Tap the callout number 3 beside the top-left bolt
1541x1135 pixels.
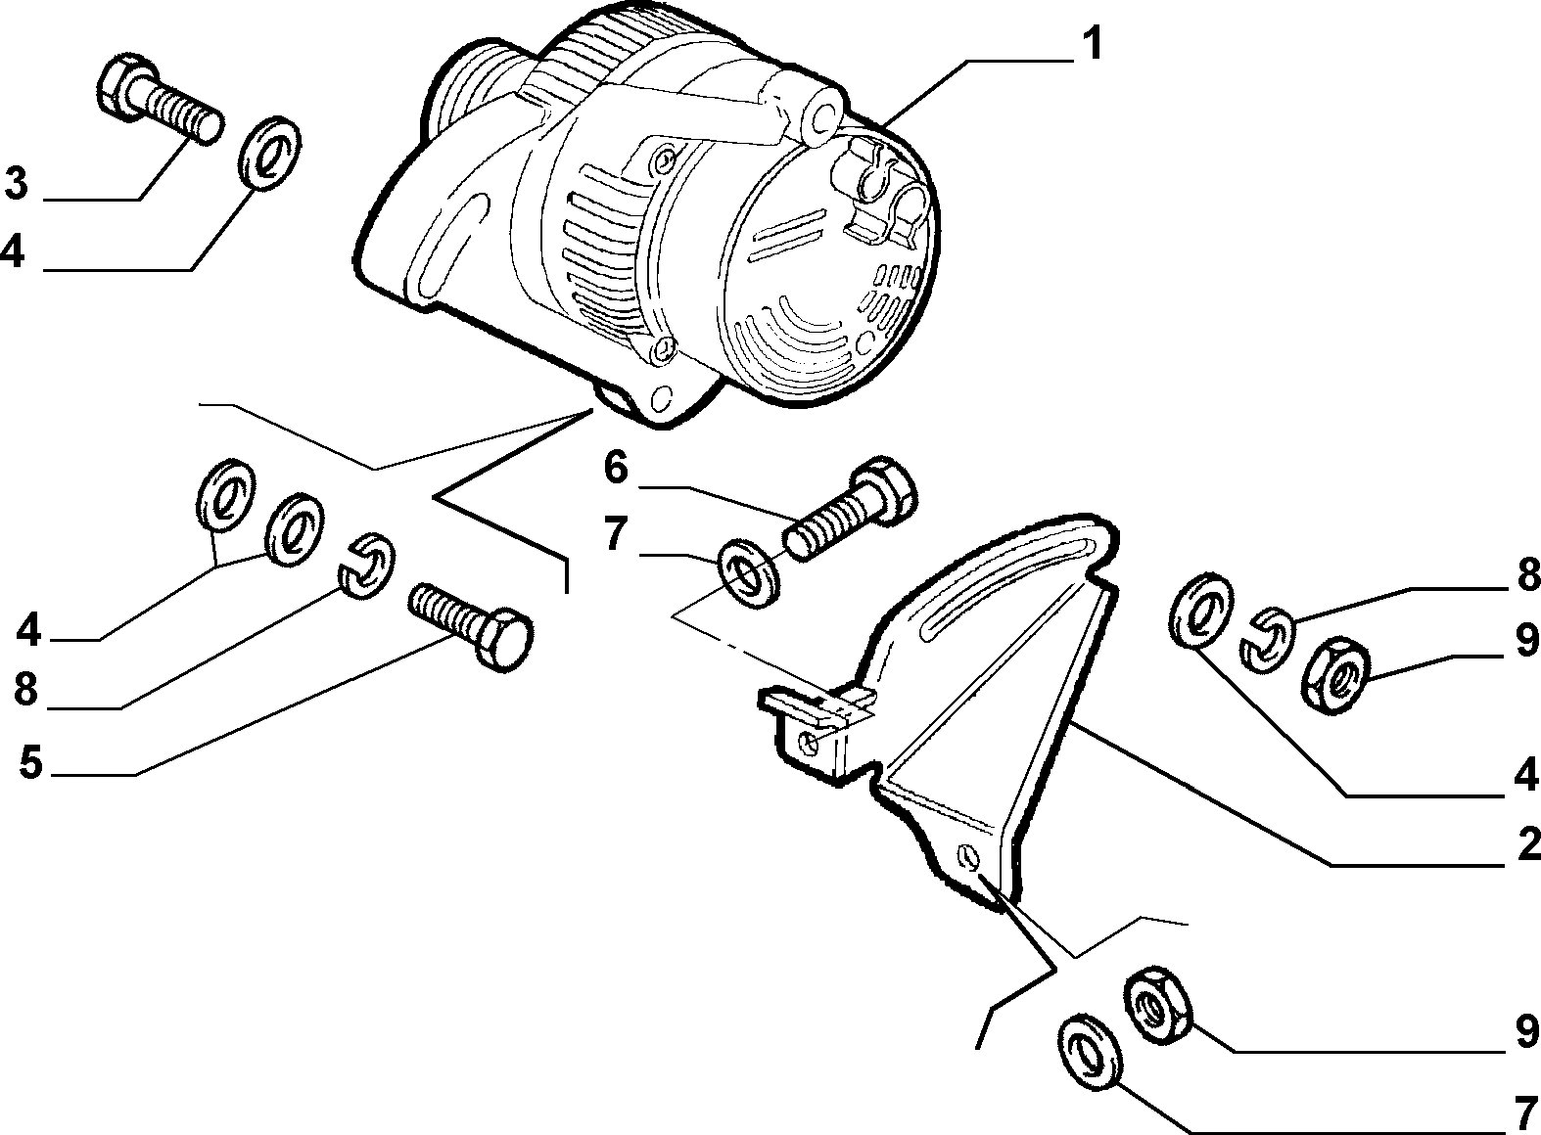17,183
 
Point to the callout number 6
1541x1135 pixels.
616,469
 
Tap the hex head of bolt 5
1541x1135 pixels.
506,636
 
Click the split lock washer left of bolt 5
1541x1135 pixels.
366,566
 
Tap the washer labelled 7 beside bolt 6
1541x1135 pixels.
749,574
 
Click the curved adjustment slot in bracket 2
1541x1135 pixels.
1004,589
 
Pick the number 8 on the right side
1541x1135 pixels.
1527,576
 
